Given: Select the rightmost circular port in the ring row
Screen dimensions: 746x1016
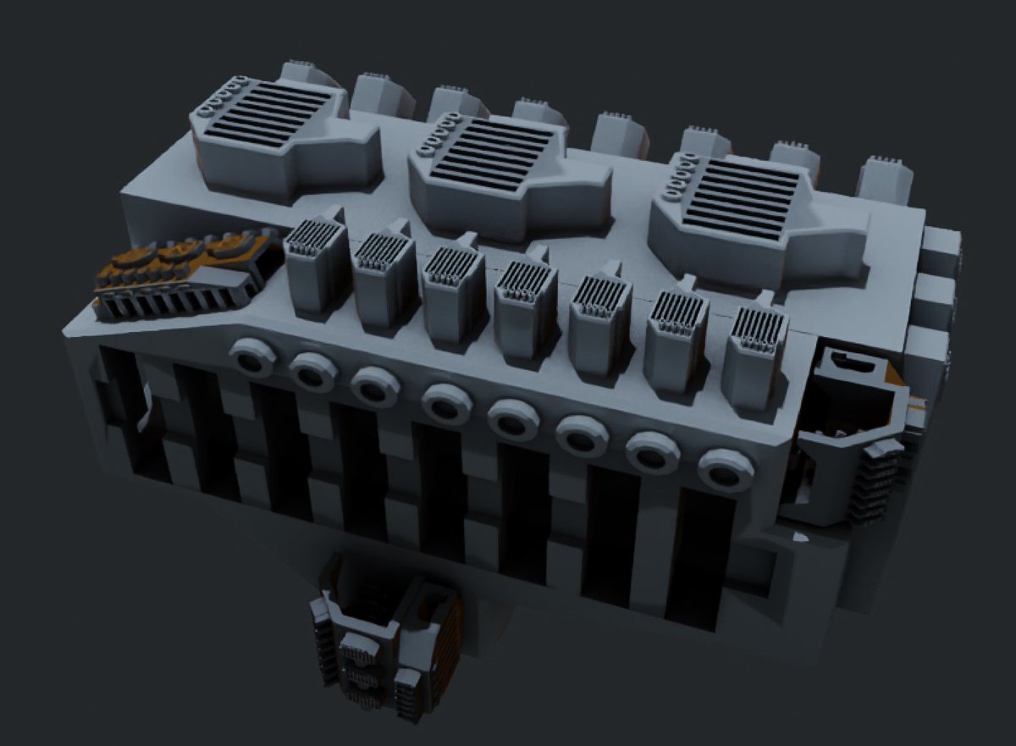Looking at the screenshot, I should (726, 469).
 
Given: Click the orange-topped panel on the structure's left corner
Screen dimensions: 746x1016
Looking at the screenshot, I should (182, 269).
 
